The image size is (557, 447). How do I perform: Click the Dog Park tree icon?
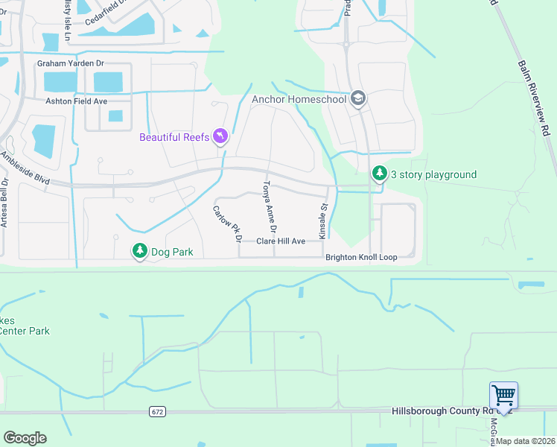[140, 252]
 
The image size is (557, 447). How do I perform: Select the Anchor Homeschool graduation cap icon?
[358, 98]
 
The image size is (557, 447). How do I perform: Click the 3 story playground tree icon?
[380, 174]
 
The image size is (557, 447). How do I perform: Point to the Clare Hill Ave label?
[281, 241]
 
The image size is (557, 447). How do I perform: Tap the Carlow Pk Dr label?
[228, 224]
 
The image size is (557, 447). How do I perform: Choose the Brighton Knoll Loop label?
[361, 258]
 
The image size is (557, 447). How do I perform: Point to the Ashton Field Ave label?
[77, 101]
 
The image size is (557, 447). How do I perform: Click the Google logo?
[25, 438]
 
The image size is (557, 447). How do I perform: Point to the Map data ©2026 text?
[524, 441]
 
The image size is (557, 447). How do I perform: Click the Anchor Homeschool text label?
[299, 98]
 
